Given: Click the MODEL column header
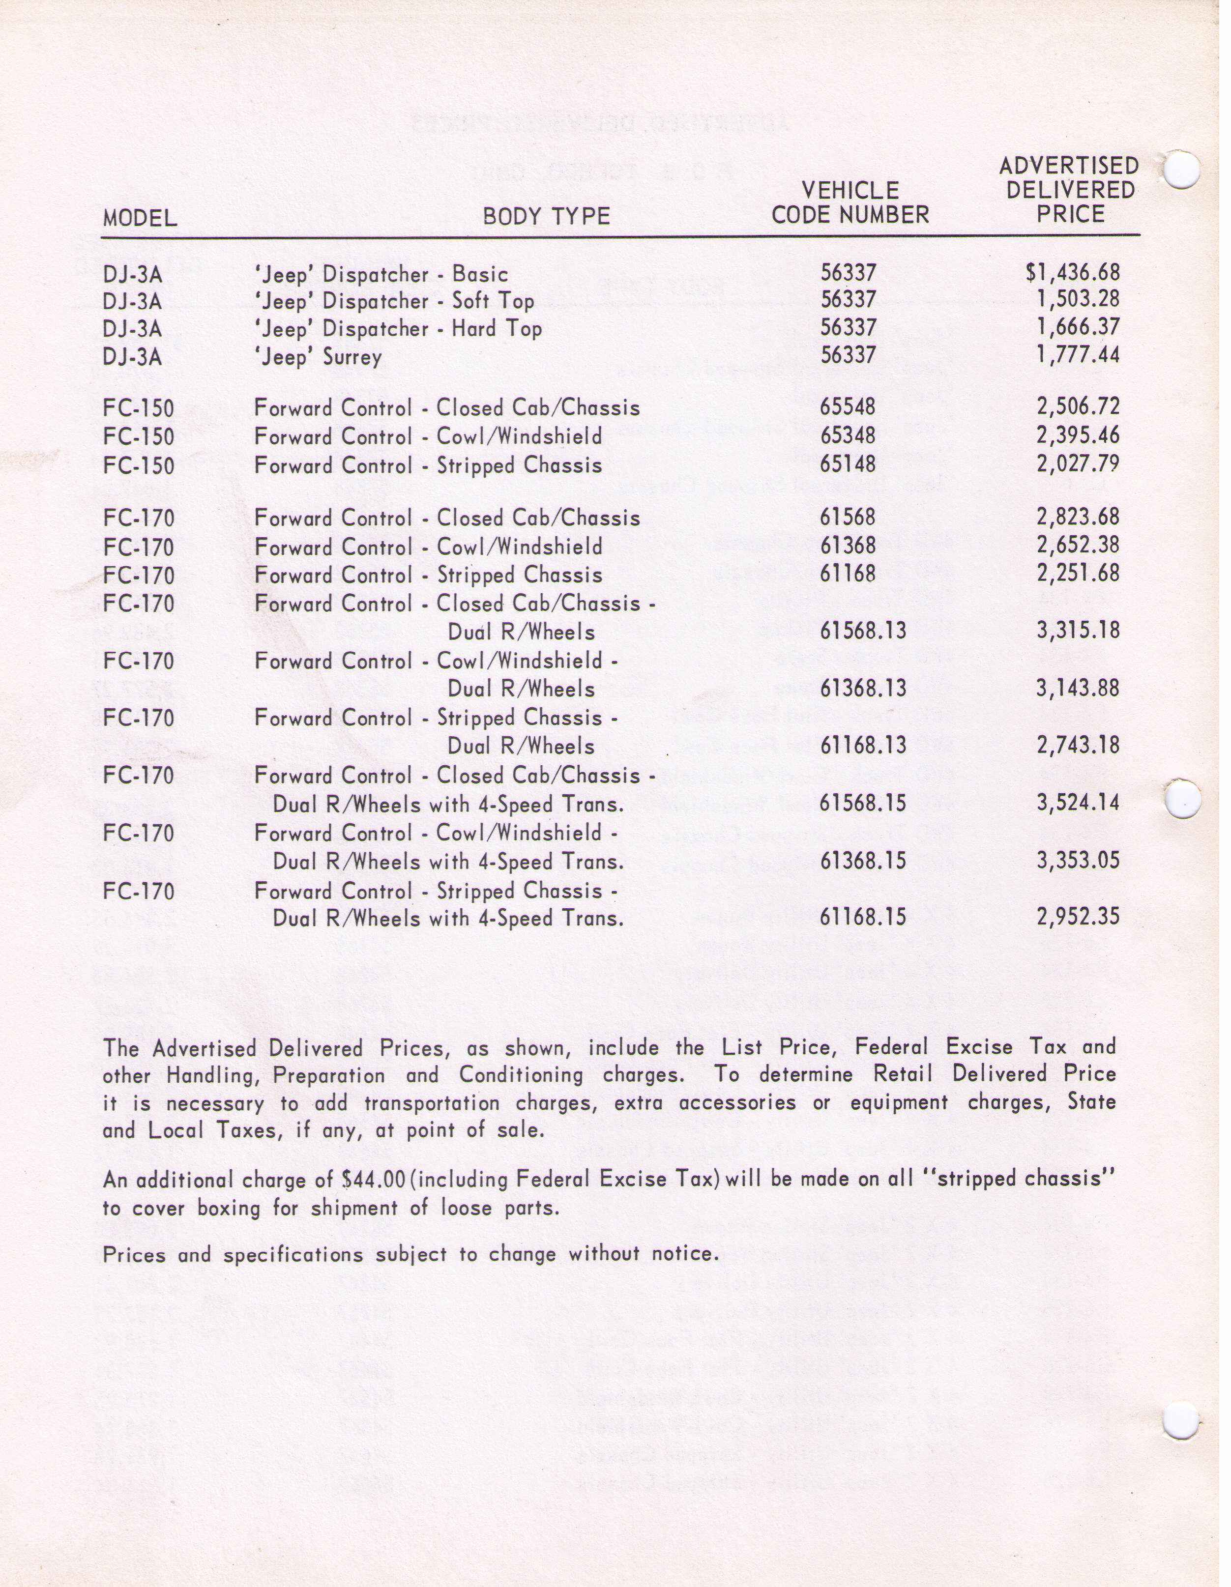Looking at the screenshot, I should point(140,217).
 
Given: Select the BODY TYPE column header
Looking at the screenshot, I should point(546,216).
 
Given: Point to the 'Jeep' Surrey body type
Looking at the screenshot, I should point(318,357).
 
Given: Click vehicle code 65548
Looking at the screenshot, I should point(848,406).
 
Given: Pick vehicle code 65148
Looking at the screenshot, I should point(848,463).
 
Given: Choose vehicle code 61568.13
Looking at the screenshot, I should point(863,630).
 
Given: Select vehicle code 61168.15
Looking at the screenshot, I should point(863,917).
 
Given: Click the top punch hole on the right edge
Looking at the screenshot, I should point(1180,170).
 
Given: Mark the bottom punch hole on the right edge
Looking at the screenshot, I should point(1180,1419).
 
